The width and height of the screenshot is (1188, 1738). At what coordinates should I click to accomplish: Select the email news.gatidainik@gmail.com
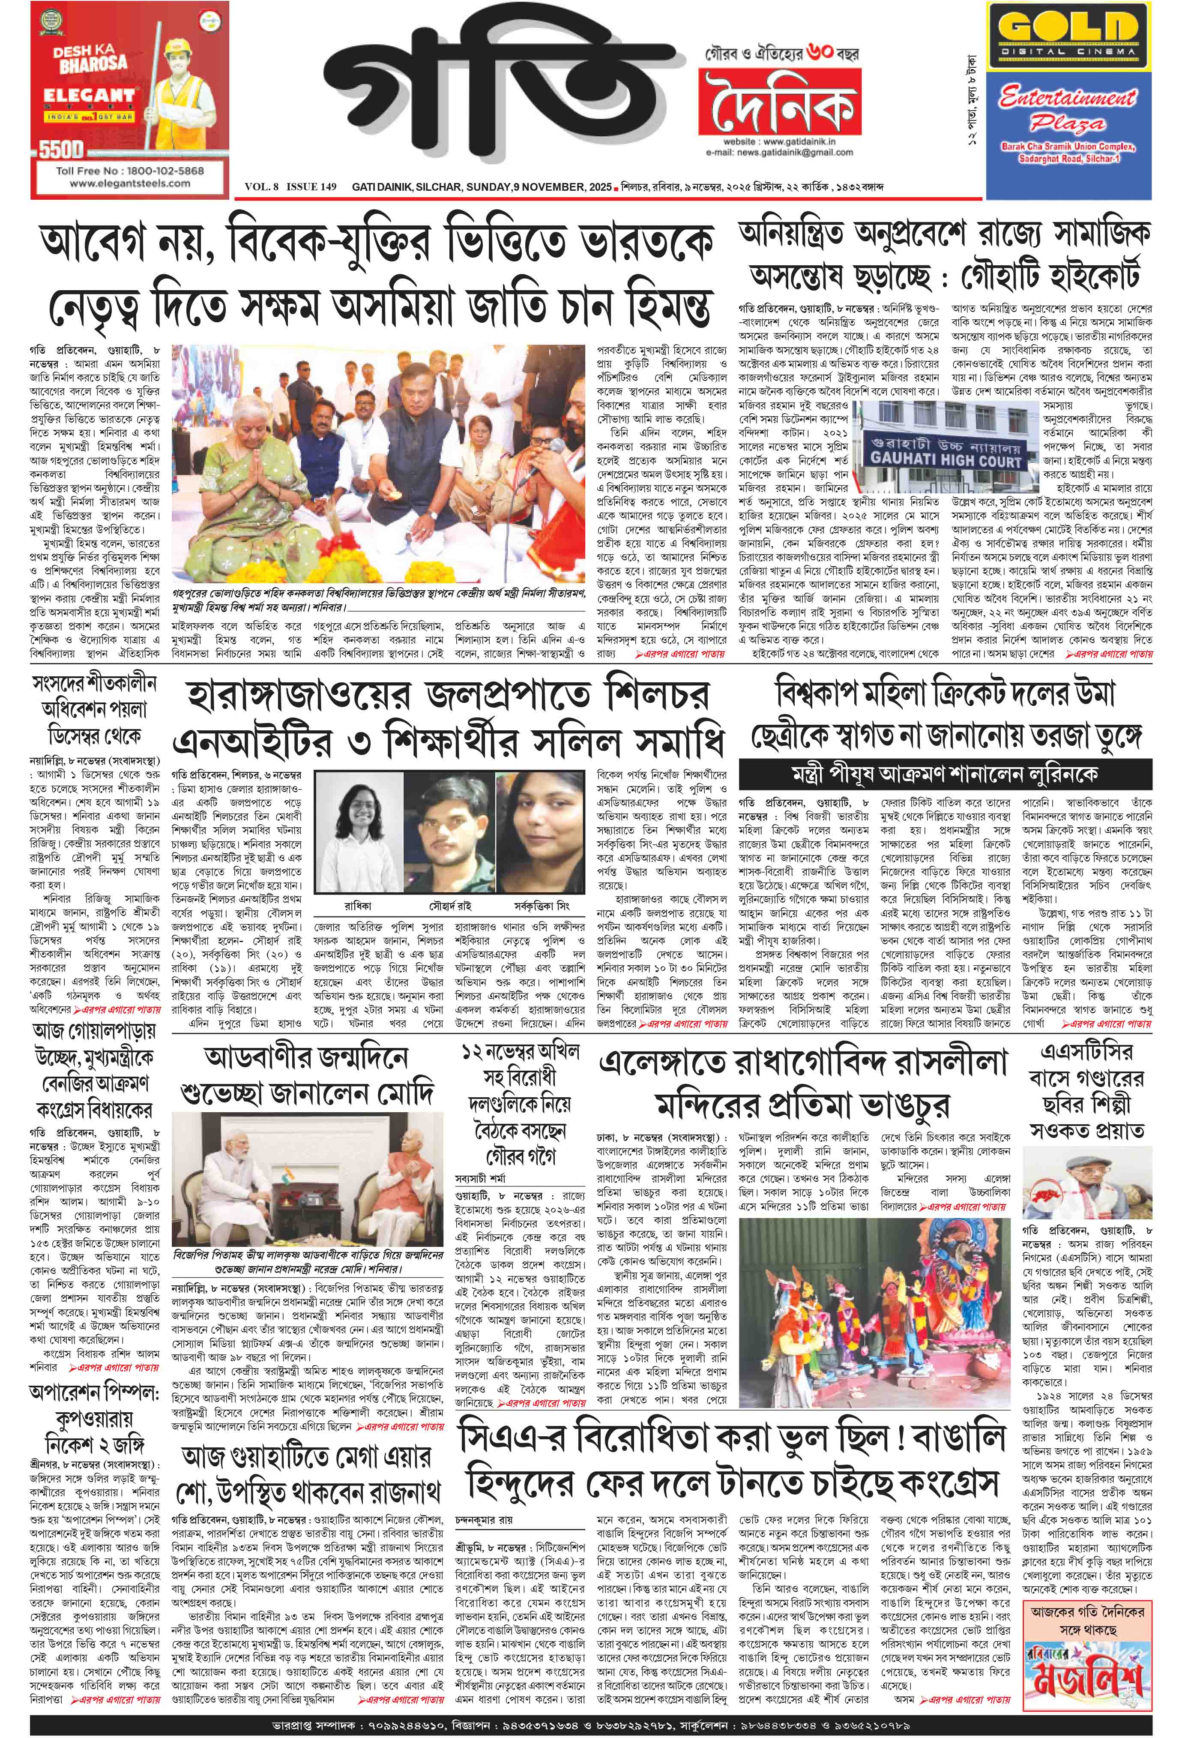tap(778, 153)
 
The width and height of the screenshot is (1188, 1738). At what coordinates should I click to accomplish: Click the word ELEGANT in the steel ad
tap(88, 96)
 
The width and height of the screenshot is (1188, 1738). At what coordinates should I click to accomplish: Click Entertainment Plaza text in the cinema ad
tap(1068, 110)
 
